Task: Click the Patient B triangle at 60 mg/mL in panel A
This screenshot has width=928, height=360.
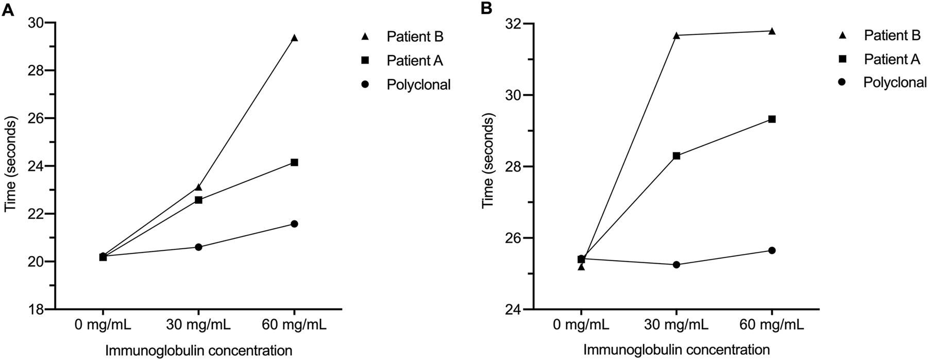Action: (x=294, y=38)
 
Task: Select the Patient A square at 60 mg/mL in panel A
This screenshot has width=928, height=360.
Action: (x=294, y=162)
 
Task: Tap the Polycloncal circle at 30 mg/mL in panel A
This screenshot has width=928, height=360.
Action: (x=198, y=247)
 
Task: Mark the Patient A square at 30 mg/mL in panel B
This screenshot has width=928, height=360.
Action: (x=677, y=156)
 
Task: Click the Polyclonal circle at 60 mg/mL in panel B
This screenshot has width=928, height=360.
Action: (x=772, y=250)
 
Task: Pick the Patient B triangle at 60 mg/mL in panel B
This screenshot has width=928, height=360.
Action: (x=772, y=31)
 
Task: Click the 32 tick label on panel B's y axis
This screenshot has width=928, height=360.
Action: (x=513, y=24)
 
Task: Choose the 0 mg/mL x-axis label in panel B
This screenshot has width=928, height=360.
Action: (x=581, y=325)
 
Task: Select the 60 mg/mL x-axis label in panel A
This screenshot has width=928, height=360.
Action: (x=294, y=325)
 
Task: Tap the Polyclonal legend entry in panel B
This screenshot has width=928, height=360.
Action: (x=895, y=82)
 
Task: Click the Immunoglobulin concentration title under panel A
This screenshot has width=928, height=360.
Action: (x=199, y=350)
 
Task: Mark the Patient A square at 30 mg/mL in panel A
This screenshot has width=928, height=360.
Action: (x=198, y=200)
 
